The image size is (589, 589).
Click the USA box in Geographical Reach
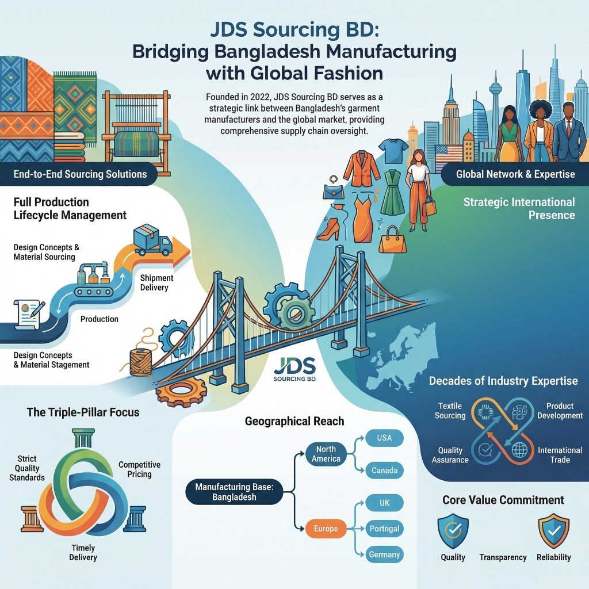pos(384,438)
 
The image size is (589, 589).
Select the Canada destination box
pos(384,471)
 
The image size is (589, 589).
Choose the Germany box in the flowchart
pos(384,554)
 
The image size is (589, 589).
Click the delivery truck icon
pos(152,240)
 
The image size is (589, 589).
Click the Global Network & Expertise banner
pos(515,174)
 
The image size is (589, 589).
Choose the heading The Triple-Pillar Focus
pos(83,412)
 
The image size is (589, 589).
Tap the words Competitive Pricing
pos(139,469)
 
